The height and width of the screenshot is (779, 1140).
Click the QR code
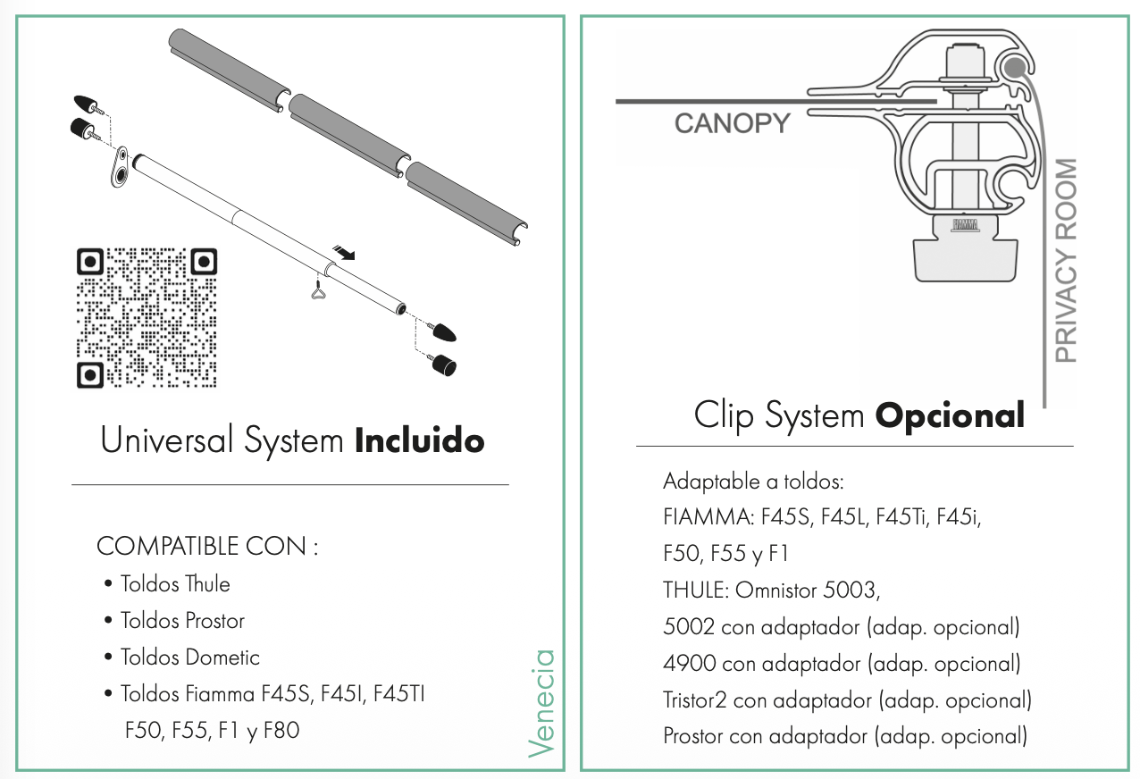(x=146, y=317)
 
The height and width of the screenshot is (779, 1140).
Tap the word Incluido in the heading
(x=419, y=440)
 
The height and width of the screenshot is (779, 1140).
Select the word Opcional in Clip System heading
(x=949, y=415)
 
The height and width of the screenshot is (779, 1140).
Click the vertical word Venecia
(x=541, y=703)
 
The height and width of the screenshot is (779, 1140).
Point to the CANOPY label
(x=732, y=123)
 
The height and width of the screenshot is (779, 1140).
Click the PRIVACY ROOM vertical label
(x=1066, y=260)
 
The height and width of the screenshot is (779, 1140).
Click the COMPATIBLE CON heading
(x=206, y=546)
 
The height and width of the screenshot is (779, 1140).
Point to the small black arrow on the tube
(x=342, y=254)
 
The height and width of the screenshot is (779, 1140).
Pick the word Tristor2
(x=694, y=700)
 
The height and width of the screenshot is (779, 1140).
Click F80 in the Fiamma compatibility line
(x=281, y=731)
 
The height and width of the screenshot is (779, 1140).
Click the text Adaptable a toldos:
(x=753, y=482)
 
